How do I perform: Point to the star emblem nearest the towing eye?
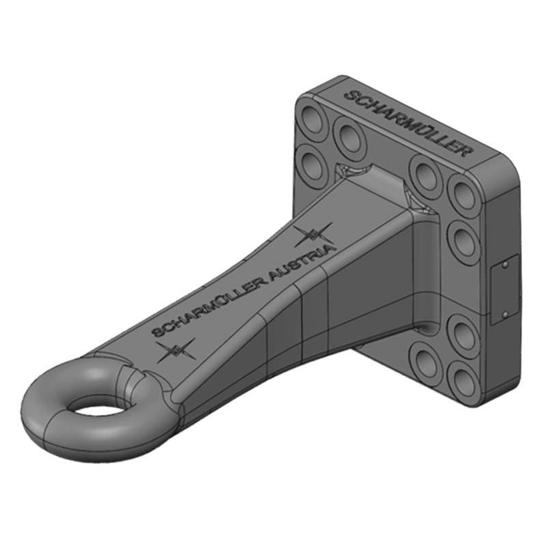click(x=175, y=351)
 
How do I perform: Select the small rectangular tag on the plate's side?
click(x=504, y=289)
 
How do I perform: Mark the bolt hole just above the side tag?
click(x=464, y=240)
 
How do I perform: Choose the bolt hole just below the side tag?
click(x=465, y=334)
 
